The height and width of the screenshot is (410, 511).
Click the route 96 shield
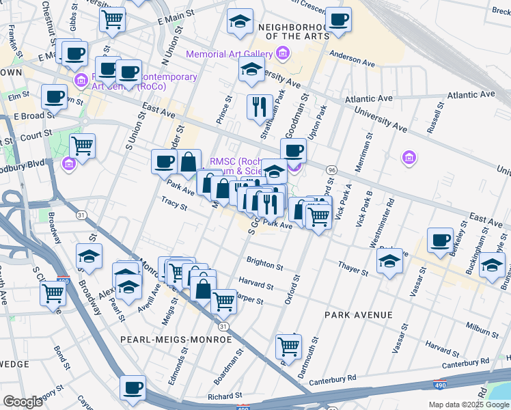pyautogui.click(x=331, y=169)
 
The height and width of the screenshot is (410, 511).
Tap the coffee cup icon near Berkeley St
pyautogui.click(x=440, y=241)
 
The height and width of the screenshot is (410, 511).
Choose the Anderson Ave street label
pyautogui.click(x=353, y=60)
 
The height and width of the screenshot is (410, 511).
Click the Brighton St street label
pyautogui.click(x=264, y=264)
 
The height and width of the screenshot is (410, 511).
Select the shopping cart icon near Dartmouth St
pyautogui.click(x=289, y=346)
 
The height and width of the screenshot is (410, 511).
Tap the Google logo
pyautogui.click(x=23, y=401)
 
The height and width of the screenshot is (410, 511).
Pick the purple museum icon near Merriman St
pyautogui.click(x=409, y=159)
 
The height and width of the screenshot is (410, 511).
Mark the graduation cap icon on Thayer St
pyautogui.click(x=389, y=261)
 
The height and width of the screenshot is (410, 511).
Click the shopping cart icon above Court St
pyautogui.click(x=82, y=145)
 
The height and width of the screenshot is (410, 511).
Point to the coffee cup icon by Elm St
pyautogui.click(x=53, y=96)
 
